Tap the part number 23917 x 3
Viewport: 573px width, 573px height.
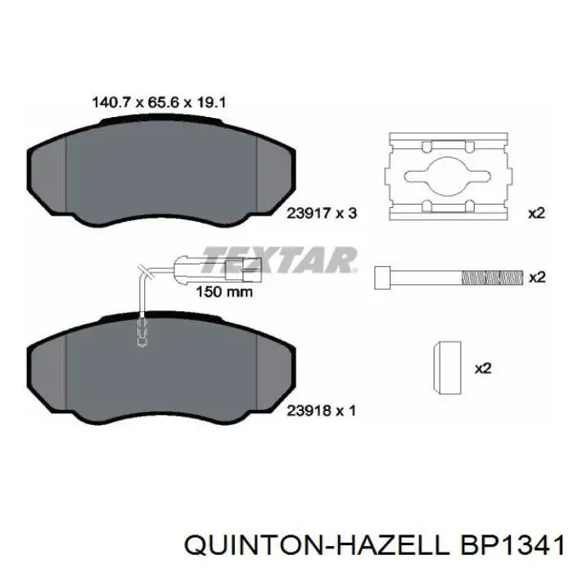tap(320, 214)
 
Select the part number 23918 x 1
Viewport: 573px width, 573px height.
tap(320, 411)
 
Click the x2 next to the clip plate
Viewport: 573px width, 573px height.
tap(535, 214)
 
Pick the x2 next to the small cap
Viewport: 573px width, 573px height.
tap(482, 368)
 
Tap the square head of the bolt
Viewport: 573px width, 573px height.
tap(381, 278)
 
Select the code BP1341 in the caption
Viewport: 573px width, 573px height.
tap(508, 545)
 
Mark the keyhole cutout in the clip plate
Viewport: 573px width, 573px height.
tap(447, 176)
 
